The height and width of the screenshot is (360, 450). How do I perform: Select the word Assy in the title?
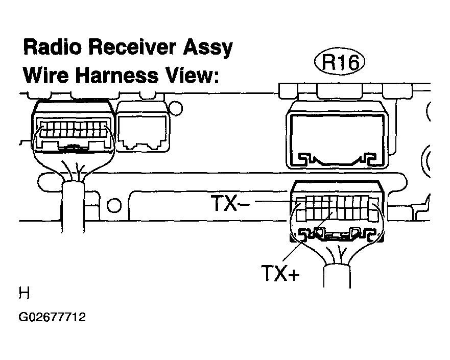coord(208,49)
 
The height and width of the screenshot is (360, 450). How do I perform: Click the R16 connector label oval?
coord(340,62)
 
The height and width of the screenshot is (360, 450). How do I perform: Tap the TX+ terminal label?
coord(280,273)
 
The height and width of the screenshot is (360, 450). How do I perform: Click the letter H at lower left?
coord(24,293)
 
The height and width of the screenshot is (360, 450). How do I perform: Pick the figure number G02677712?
coord(52,317)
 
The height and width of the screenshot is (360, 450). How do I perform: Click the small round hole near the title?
coord(176,108)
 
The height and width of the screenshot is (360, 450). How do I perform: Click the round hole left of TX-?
coord(114,205)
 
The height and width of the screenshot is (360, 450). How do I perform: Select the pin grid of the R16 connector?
coord(337,208)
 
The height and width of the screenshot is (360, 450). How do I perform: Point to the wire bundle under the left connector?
coord(73,206)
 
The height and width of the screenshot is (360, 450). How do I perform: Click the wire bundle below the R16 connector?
coord(337,276)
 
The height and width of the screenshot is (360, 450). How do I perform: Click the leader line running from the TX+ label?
coord(307,236)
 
